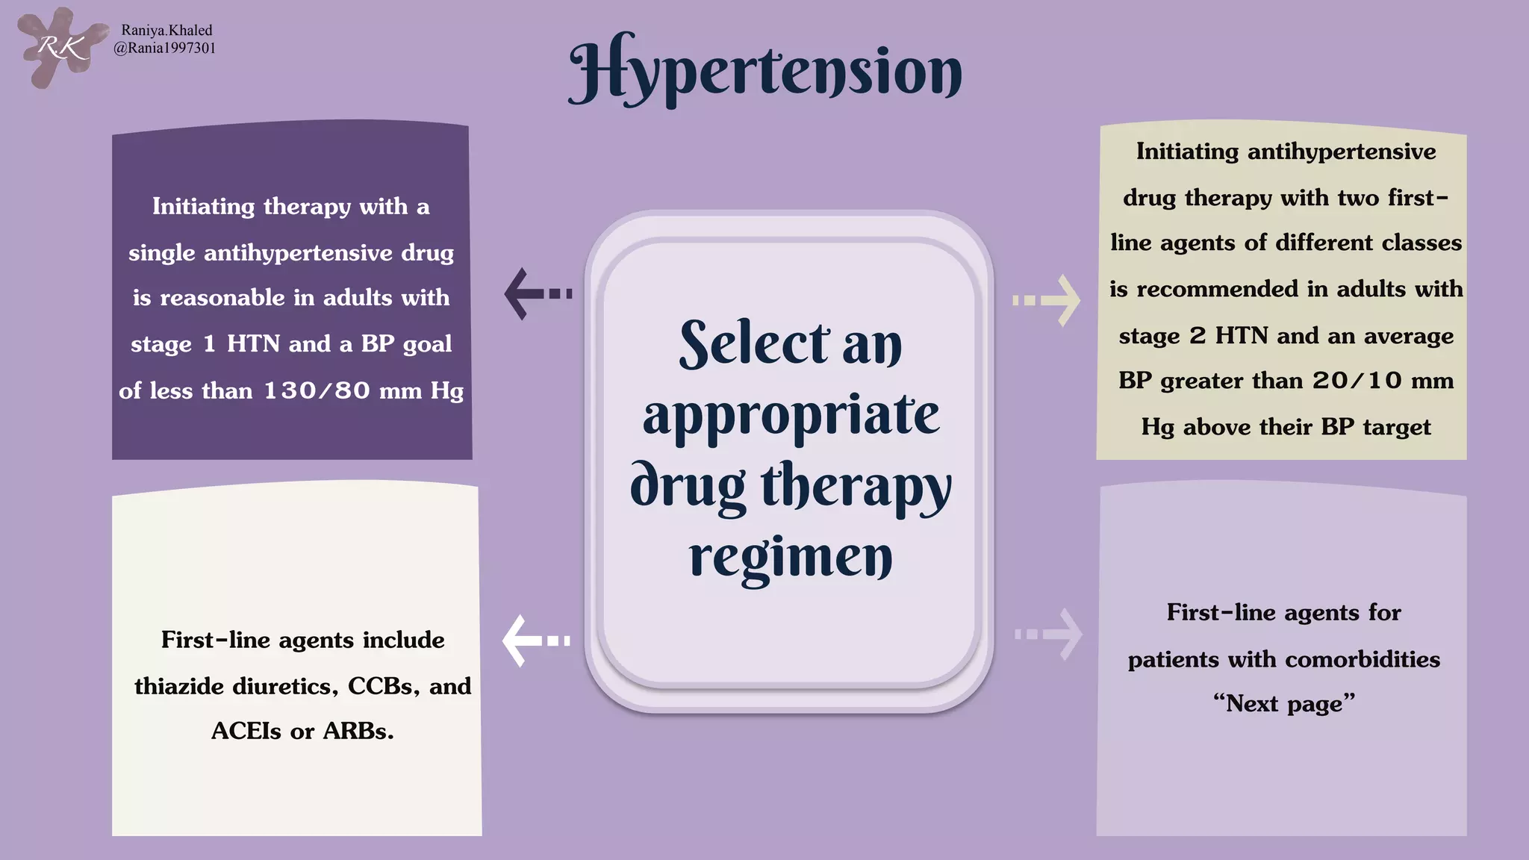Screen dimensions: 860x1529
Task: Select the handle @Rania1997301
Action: click(x=165, y=49)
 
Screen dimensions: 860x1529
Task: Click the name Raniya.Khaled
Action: click(x=166, y=31)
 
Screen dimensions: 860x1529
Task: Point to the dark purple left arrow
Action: click(x=536, y=293)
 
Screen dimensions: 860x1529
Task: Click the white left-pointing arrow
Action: click(x=535, y=641)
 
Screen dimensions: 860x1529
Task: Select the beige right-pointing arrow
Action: click(x=1047, y=300)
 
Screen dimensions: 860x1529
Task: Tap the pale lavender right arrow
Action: click(x=1049, y=635)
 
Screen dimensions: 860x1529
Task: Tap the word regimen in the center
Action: click(x=790, y=558)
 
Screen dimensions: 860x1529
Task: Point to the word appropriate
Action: click(x=791, y=415)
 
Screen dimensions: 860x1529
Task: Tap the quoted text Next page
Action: click(x=1283, y=704)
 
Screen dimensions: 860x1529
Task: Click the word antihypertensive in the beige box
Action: click(x=1341, y=152)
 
